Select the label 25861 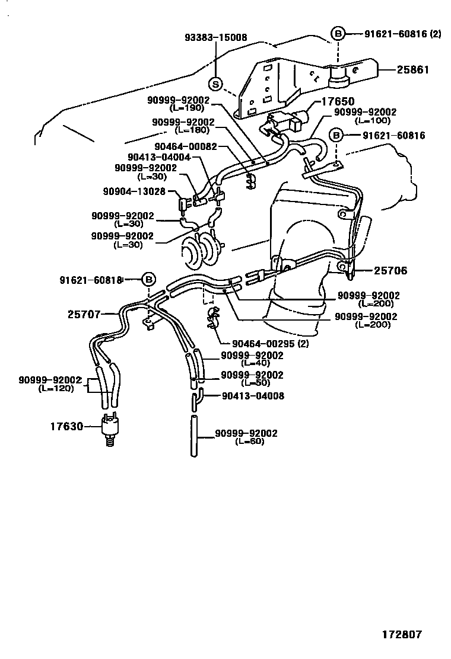pos(414,70)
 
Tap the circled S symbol pos(216,84)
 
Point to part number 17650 pos(338,102)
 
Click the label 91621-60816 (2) pos(403,34)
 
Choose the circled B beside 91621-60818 pos(148,279)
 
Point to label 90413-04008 pos(253,395)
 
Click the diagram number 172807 pos(401,634)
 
